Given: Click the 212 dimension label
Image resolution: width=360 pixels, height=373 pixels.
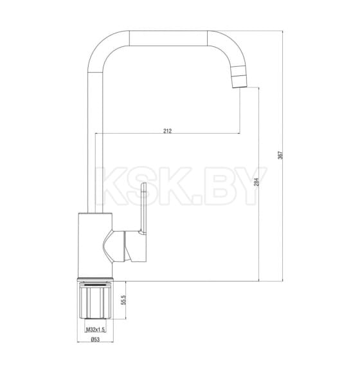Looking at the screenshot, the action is click(x=167, y=131).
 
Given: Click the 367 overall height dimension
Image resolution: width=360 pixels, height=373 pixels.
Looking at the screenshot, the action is click(x=280, y=155).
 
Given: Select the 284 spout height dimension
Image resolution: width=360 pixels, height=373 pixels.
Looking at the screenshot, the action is click(x=256, y=182).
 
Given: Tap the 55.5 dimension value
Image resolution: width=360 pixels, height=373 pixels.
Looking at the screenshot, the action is click(x=123, y=300).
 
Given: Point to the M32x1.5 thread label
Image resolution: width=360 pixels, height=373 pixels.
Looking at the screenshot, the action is click(x=95, y=329).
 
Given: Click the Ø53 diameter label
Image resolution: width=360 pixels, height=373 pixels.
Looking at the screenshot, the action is click(x=95, y=340).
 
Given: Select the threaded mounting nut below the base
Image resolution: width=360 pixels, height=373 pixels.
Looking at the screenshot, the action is click(x=95, y=300).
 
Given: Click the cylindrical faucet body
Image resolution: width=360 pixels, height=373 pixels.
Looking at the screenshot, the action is click(x=95, y=246).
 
